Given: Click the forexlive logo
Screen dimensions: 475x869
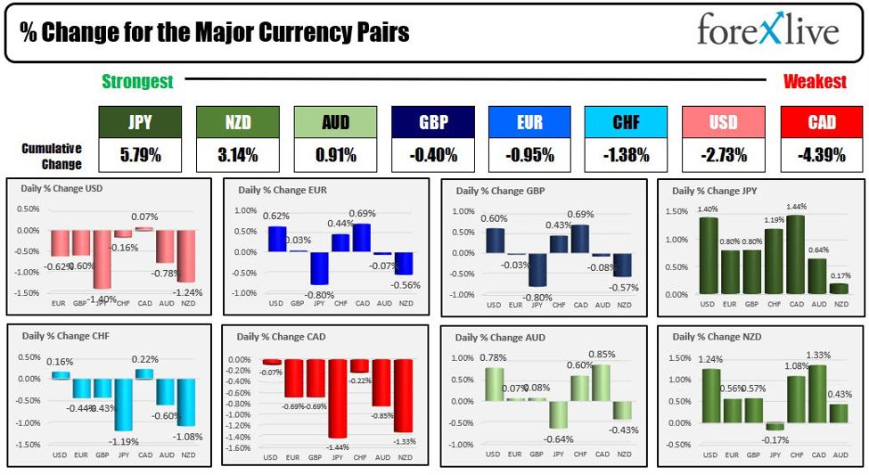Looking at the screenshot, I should pos(767,31).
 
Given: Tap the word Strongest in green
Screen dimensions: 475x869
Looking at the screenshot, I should pos(137,81).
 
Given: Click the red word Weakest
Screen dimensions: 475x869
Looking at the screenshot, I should pos(815,81).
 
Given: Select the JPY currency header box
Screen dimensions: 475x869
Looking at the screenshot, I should pos(140,122).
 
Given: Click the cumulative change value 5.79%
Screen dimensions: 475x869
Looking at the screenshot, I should pos(140,155).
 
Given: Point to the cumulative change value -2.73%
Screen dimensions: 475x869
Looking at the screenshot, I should pos(724,155).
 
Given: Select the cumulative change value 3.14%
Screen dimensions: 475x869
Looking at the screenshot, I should pos(237,155).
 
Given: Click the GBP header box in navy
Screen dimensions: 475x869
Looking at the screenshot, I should pos(433,122).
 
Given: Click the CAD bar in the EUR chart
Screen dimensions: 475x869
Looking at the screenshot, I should pos(361,237).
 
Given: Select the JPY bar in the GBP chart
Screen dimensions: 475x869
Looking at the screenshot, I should pos(537,269).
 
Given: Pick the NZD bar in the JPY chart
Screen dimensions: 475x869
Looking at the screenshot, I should pos(839,288).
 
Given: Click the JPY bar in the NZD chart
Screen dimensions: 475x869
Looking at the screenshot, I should pos(775,426).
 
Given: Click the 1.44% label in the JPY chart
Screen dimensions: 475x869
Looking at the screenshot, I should pos(796,207).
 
